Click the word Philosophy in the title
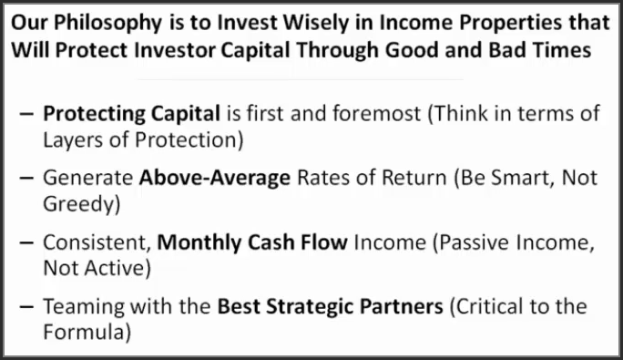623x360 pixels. click(x=96, y=22)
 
